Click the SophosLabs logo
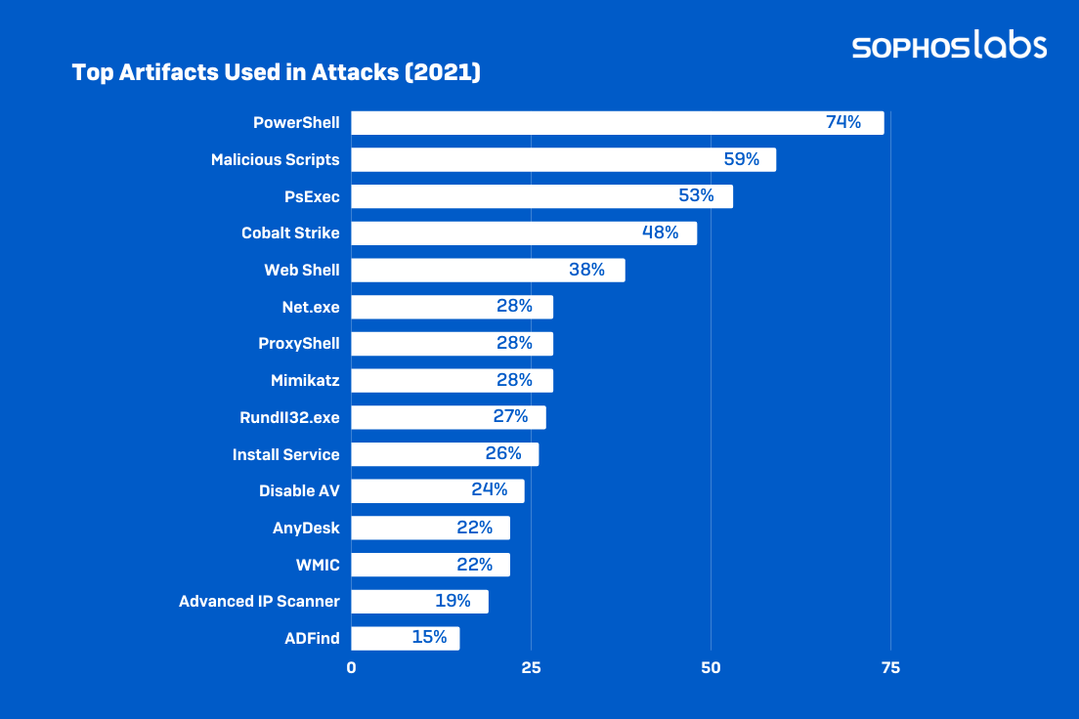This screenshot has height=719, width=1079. [949, 46]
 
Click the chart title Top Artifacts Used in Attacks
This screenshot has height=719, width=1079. [277, 73]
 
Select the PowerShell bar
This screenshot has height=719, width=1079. [617, 123]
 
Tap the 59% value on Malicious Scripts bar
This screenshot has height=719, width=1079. [742, 159]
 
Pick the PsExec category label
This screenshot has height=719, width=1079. [312, 196]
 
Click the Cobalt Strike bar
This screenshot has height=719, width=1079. [523, 233]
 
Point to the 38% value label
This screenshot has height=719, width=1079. [586, 270]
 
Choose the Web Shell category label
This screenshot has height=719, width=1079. [302, 270]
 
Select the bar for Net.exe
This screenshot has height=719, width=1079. [452, 307]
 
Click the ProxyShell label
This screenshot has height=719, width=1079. [298, 344]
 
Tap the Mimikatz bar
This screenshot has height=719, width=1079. [452, 381]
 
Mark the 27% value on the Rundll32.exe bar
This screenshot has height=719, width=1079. [510, 417]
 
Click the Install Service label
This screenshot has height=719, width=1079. [286, 454]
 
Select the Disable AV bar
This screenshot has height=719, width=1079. [437, 491]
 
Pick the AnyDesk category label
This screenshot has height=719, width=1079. [306, 528]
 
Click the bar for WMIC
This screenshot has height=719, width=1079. [430, 565]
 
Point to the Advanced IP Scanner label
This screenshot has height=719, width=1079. [259, 602]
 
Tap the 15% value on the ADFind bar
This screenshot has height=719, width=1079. [429, 638]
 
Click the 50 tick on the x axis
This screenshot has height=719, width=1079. [712, 669]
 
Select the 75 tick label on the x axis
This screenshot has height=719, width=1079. [890, 669]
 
